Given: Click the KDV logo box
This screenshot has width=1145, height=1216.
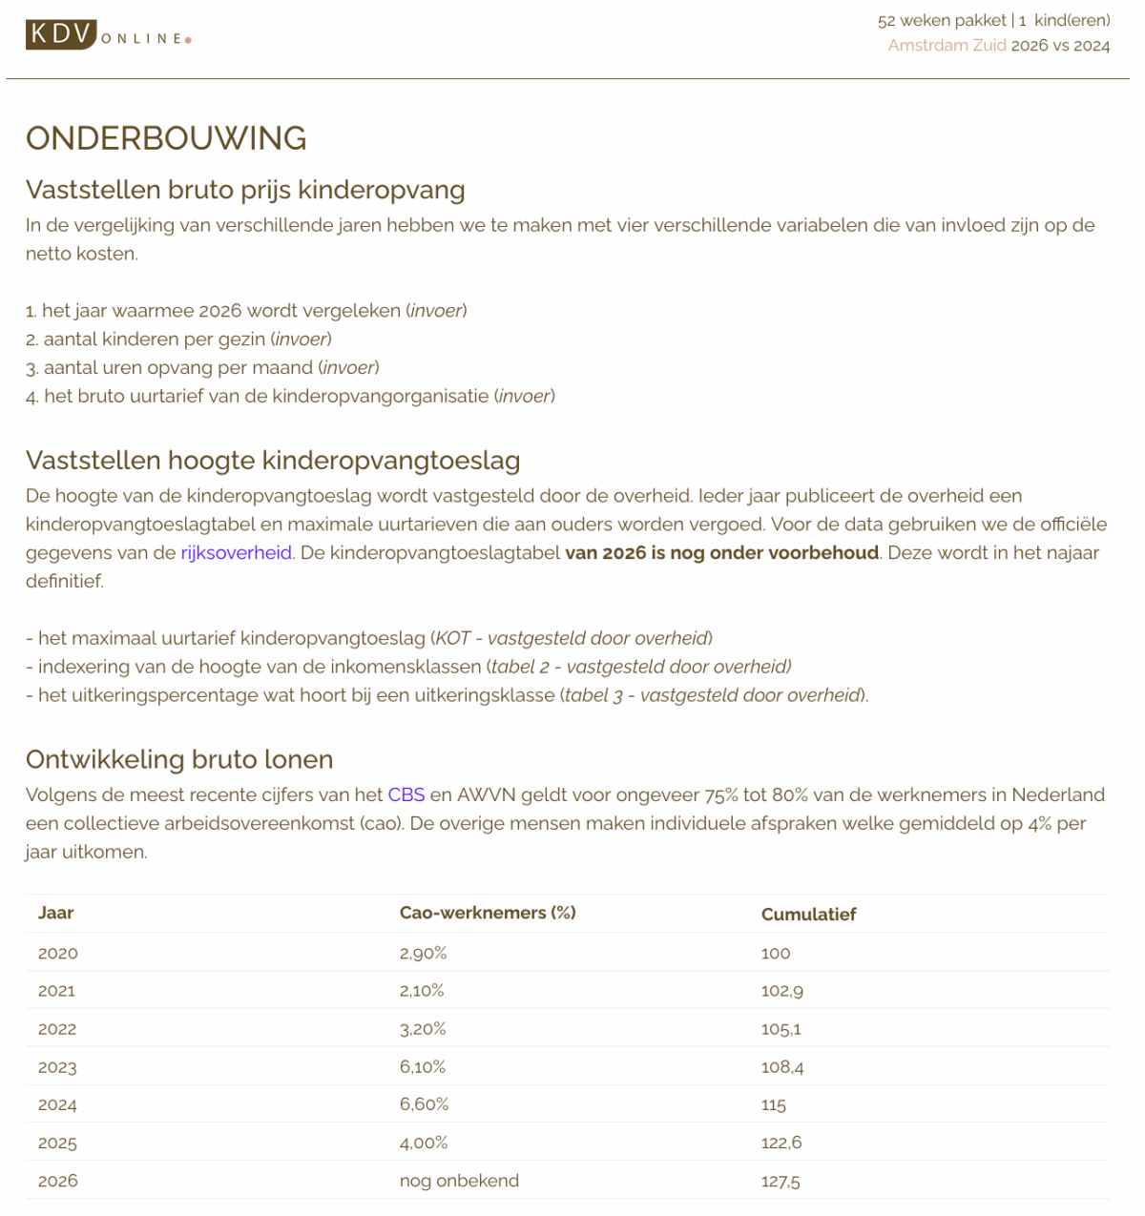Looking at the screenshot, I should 61,34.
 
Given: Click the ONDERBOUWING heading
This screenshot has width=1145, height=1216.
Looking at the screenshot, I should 166,138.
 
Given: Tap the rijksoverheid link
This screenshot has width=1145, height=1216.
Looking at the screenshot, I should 236,553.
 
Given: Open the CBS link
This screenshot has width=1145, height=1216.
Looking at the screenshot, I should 406,795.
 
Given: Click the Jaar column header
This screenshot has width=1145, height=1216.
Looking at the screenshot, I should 56,913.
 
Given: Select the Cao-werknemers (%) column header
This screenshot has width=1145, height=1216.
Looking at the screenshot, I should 487,913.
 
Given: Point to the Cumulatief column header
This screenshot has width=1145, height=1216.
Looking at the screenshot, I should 808,915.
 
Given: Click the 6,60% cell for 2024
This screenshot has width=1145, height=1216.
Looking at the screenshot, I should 424,1104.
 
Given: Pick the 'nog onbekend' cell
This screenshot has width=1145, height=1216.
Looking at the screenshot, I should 459,1181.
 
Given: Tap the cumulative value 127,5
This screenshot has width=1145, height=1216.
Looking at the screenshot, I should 781,1182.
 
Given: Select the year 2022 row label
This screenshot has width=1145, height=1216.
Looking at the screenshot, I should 57,1029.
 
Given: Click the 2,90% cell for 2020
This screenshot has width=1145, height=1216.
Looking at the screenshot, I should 423,953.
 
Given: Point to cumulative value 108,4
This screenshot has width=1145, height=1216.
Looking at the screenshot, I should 782,1067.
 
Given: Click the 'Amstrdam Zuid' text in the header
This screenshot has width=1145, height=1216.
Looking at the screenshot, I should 947,46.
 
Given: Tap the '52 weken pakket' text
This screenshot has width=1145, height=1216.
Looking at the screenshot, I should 942,20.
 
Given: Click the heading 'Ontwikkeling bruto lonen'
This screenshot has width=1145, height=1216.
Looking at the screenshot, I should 179,759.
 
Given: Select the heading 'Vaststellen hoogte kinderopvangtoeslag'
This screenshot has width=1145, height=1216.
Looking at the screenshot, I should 273,461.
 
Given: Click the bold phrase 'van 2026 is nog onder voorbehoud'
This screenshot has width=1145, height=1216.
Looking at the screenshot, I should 721,553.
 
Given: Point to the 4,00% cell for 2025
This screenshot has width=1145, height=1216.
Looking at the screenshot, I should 423,1143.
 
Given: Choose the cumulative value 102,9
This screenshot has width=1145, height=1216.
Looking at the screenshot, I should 781,991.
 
